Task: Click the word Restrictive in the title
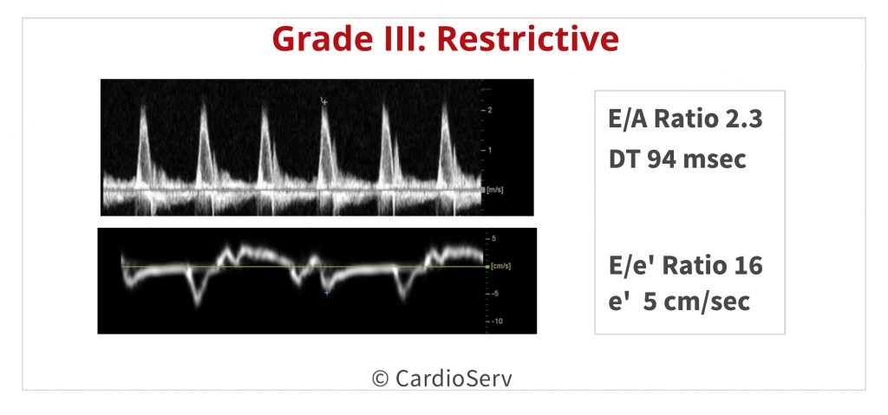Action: point(527,39)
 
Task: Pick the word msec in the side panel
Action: point(715,159)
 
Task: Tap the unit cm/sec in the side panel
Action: point(710,302)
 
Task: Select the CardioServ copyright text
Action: point(441,379)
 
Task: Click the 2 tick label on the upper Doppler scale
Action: point(489,110)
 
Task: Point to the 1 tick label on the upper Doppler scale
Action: point(489,150)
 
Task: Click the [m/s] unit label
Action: point(495,191)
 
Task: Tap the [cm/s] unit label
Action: point(500,266)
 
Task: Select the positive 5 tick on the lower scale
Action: point(493,238)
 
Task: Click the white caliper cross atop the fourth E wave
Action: point(324,102)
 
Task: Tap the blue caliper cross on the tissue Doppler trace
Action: point(327,292)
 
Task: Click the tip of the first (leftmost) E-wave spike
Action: point(143,105)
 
